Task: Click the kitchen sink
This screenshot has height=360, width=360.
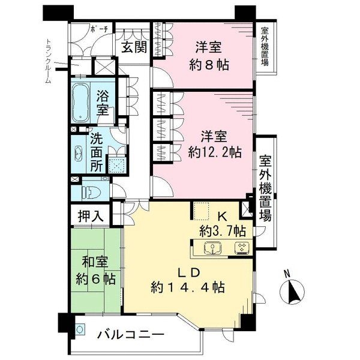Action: pos(213,248)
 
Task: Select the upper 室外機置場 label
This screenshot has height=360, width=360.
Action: pos(265,47)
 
